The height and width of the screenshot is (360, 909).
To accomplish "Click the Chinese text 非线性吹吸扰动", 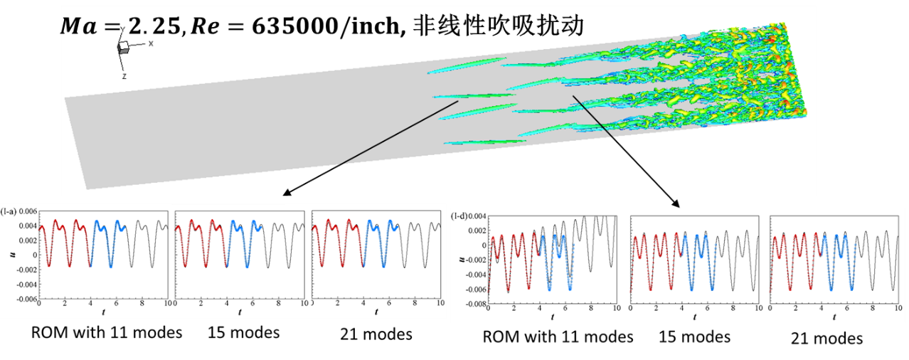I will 497,27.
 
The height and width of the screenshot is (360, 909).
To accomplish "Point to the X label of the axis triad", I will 151,43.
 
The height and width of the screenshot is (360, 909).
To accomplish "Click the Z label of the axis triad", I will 124,75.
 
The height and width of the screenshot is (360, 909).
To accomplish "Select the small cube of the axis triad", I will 123,47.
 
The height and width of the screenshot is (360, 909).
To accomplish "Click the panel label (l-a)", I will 9,211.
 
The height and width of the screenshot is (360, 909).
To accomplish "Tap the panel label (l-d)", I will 459,216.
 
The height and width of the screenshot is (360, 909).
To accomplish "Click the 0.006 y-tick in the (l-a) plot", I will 28,211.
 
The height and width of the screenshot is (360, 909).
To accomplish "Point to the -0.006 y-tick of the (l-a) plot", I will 26,300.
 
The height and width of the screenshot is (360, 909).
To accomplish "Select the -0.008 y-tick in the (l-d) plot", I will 476,305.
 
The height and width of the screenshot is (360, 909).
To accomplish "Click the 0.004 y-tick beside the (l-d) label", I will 478,216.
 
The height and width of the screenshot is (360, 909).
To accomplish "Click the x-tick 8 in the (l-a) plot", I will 142,304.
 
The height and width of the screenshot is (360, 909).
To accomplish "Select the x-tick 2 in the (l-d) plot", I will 514,309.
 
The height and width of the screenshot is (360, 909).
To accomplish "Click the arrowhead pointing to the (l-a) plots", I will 286,193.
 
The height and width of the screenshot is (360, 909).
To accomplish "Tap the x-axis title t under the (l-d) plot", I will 552,317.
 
